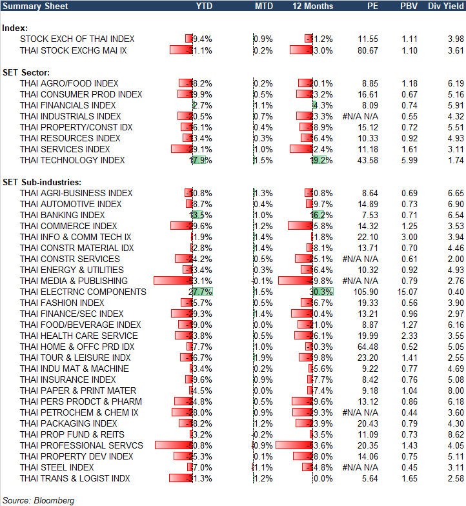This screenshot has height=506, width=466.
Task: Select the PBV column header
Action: coord(408,6)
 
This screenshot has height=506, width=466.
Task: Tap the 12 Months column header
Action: coord(313,6)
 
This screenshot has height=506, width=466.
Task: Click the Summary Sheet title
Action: coord(32,6)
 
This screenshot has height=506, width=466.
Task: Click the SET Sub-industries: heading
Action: coord(44,182)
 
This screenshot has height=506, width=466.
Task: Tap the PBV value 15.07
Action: coord(407,292)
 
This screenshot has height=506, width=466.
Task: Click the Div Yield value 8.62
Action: coord(455,434)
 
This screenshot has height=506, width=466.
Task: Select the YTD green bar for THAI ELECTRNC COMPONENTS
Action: coord(201,292)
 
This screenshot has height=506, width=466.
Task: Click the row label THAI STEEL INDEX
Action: coord(57,467)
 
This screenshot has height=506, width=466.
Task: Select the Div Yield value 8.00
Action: coord(455,390)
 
